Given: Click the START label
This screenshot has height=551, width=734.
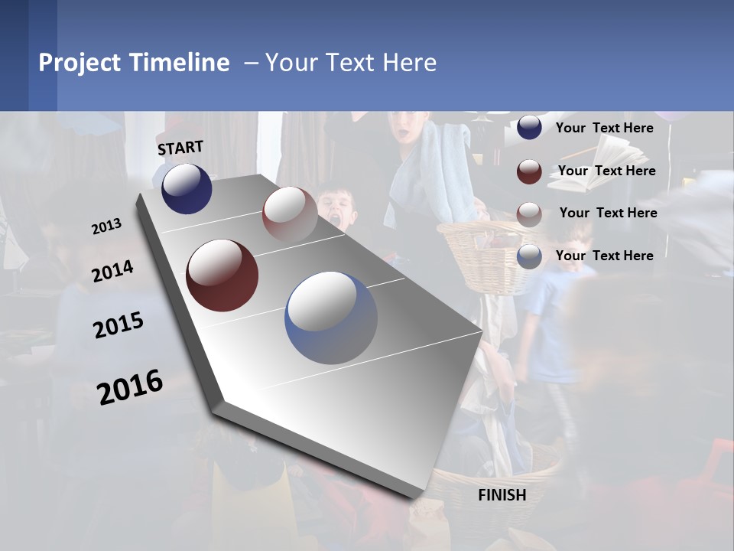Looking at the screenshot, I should pos(180,147).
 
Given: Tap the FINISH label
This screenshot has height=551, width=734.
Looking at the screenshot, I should pos(502,495).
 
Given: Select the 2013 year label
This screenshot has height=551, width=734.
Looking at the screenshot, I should pos(106,227).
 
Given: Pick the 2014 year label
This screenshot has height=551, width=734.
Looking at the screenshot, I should pos(112,271).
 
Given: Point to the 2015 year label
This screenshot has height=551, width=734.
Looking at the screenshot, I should pos(118,325).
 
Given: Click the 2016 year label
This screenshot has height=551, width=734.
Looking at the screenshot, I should pos(130,386).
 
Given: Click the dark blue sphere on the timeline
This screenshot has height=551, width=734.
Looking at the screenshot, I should pos(187,188).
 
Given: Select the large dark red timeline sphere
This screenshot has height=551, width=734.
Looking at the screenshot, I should pos(222,275).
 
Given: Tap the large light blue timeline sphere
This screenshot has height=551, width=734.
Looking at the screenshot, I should pos(331,318).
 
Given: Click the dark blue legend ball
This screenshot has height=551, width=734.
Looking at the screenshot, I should pos(529,128).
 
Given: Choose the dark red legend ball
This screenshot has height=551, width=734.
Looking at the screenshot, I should pos(529,171).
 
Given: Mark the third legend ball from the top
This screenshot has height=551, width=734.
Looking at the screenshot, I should pos(529,214).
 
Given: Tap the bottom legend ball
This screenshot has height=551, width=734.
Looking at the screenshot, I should pos(529,256).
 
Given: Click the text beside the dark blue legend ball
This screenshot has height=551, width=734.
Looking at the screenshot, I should pos(604,128).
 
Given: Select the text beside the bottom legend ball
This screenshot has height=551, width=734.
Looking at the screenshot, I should pos(604,256).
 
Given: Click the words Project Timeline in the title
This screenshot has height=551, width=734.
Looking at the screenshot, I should pos(134,63).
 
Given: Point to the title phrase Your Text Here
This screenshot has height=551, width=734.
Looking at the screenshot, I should pos(351,63).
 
